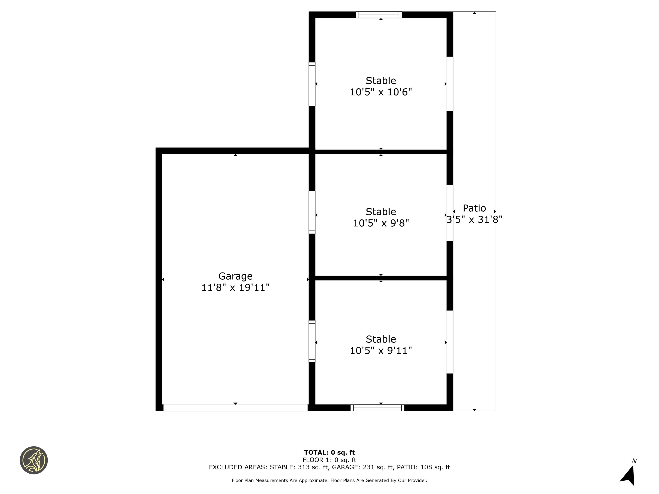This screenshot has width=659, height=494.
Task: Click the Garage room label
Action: point(235,276)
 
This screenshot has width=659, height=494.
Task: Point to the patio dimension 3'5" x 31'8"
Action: point(474,220)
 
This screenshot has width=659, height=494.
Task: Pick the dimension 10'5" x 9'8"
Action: point(381,223)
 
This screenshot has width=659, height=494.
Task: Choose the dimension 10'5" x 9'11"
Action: point(381,351)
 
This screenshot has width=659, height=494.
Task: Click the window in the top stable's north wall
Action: point(379,15)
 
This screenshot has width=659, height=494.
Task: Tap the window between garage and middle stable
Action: point(312,212)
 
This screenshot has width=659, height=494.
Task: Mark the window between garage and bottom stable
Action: point(312,341)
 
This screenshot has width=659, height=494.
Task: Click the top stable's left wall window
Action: point(312,84)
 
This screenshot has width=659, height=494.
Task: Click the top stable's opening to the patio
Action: point(450,84)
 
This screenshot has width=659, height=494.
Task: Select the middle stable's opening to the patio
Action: point(450,213)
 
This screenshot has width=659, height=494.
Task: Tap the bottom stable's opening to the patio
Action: point(450,342)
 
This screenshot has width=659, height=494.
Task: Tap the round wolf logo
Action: point(34,460)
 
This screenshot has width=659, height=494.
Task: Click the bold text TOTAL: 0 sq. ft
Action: point(329,453)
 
